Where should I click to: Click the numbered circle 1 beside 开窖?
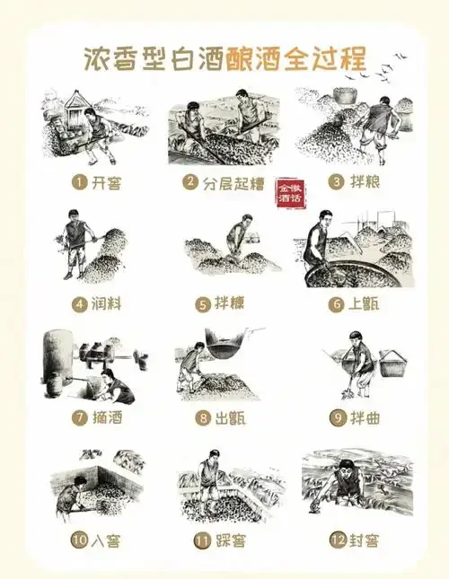coord(78,181)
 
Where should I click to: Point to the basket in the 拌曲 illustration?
coord(393,364)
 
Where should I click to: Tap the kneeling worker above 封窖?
coord(343,485)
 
